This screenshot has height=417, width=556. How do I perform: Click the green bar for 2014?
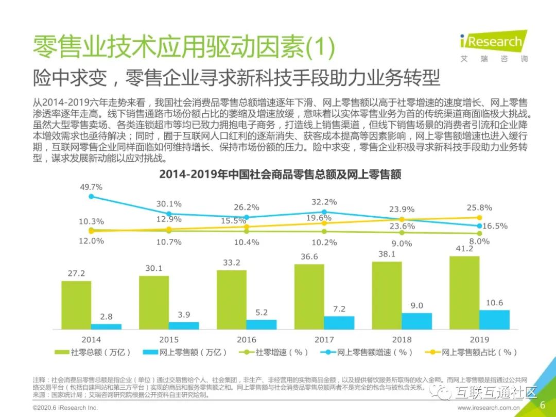pos(76,305)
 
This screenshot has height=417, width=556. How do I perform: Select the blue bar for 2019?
pos(494,319)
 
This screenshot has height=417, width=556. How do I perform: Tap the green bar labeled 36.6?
pos(309,297)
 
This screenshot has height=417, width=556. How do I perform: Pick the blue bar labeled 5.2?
pos(261,324)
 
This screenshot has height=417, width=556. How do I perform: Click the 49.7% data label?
pos(91,187)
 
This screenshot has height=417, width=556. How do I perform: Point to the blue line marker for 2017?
pos(324,212)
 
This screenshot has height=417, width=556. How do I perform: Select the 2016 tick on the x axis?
pos(247,340)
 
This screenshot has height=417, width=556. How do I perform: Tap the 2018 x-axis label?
pos(402,340)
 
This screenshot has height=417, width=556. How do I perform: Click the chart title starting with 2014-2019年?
pos(280,174)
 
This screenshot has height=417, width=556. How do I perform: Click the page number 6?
pos(542,405)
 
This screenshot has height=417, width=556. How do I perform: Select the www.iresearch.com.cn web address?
pos(495,408)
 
